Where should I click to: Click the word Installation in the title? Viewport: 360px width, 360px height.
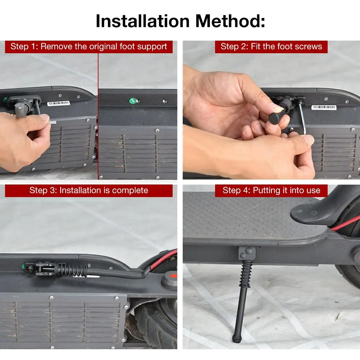click(142, 21)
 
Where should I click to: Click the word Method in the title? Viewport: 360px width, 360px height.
click(228, 21)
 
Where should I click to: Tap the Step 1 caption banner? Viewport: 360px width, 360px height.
click(88, 47)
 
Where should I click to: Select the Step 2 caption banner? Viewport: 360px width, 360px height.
click(271, 47)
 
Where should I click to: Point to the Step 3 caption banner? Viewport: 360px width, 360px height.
click(88, 191)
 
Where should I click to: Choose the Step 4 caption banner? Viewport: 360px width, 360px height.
click(271, 191)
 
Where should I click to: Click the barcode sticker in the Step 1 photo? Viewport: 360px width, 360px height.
click(59, 103)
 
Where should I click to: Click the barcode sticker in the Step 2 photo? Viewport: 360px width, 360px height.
click(324, 107)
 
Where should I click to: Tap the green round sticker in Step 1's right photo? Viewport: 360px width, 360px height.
click(133, 101)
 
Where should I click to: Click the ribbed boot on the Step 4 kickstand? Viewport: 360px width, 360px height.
click(246, 274)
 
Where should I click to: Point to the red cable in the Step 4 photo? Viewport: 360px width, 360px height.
click(345, 223)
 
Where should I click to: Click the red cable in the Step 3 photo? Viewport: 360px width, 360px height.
click(163, 259)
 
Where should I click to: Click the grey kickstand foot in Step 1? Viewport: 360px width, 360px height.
click(23, 108)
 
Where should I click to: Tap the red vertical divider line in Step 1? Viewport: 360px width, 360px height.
click(98, 116)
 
